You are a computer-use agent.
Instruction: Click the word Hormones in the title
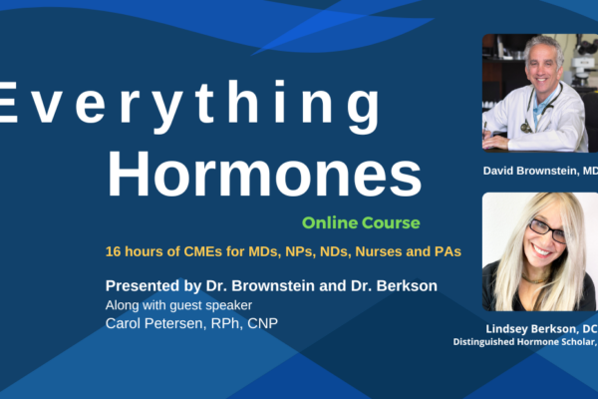264,175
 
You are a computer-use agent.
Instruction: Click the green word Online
329,222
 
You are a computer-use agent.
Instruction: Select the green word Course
391,222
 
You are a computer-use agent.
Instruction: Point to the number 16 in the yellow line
114,251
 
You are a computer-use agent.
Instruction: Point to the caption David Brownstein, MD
540,171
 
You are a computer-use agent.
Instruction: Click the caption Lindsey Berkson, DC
541,329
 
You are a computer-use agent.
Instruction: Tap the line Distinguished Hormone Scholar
525,342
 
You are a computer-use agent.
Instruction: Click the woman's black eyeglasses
547,230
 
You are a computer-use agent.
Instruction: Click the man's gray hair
543,46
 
